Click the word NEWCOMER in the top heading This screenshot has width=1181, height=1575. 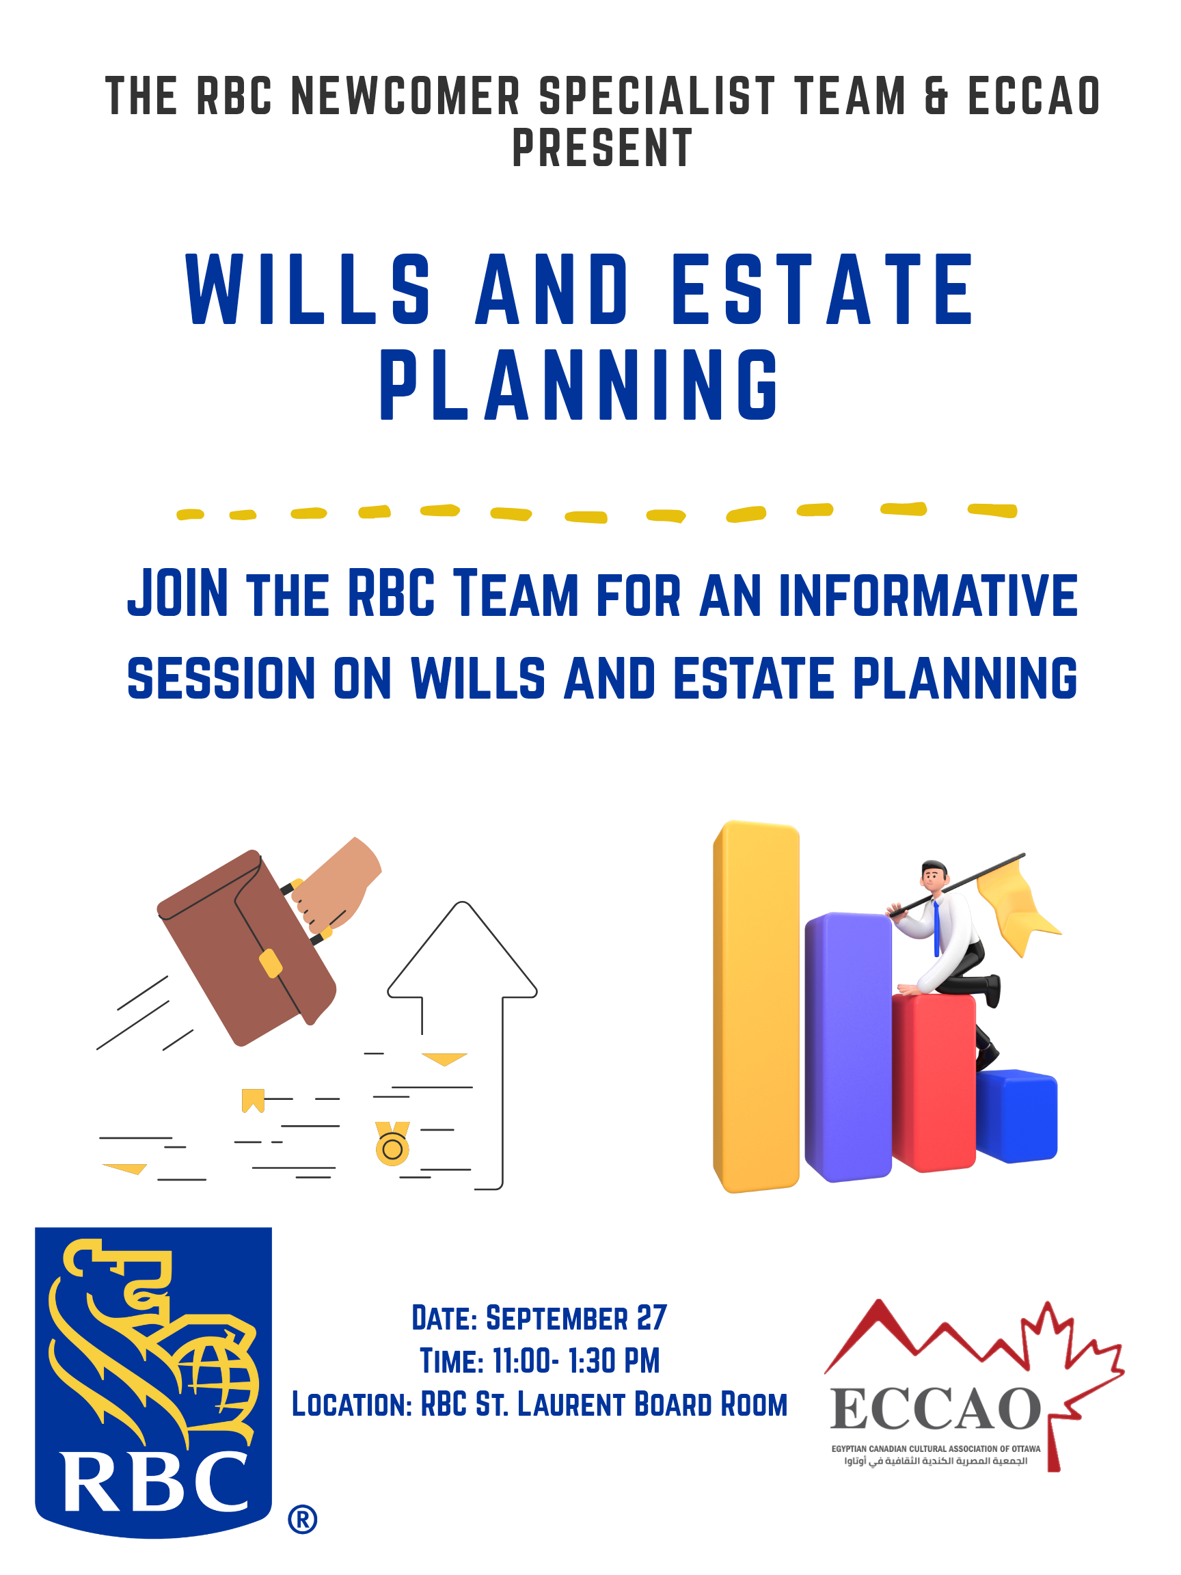click(406, 96)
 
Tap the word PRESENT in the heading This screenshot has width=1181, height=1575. click(602, 148)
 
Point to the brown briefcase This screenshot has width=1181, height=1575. click(245, 946)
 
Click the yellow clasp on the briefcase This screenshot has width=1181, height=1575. click(271, 963)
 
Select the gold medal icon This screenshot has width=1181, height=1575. click(392, 1144)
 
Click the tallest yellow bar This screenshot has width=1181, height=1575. click(755, 1006)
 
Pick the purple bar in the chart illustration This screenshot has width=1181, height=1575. click(848, 1047)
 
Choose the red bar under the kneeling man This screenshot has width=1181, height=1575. click(934, 1082)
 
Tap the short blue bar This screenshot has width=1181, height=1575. click(1016, 1115)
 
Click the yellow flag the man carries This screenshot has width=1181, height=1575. click(1016, 905)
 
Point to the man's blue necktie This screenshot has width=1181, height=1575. click(937, 927)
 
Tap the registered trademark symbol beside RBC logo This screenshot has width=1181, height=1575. click(303, 1520)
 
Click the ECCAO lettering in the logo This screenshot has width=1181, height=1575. click(936, 1410)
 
